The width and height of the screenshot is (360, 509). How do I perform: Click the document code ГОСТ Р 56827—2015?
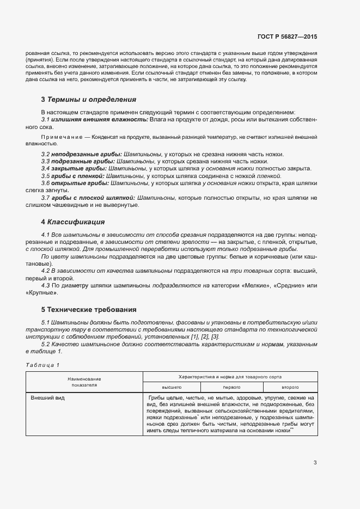click(x=288, y=36)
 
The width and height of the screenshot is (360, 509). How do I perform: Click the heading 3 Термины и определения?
click(x=88, y=100)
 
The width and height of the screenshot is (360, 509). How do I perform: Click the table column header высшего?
click(x=172, y=387)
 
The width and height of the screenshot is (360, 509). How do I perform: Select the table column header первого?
click(x=231, y=387)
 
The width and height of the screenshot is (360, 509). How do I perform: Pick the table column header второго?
click(x=290, y=387)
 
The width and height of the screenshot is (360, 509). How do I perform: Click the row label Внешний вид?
click(x=48, y=398)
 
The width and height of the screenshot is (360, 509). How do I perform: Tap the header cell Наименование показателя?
click(x=84, y=382)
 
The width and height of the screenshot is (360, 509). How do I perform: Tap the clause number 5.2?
click(x=46, y=345)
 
